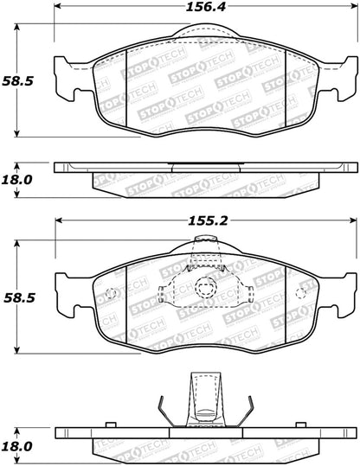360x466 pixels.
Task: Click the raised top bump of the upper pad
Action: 205,34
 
